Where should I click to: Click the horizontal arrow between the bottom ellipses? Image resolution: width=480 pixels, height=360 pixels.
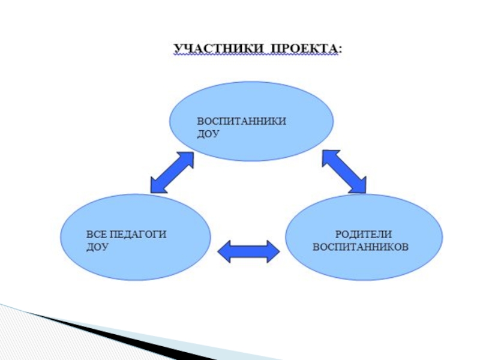point(247,251)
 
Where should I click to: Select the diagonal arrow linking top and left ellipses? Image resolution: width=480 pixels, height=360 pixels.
point(172,172)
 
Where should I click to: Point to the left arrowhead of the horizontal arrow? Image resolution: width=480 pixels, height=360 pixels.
point(223,251)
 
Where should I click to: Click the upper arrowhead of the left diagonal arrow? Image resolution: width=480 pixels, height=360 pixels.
point(186,159)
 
